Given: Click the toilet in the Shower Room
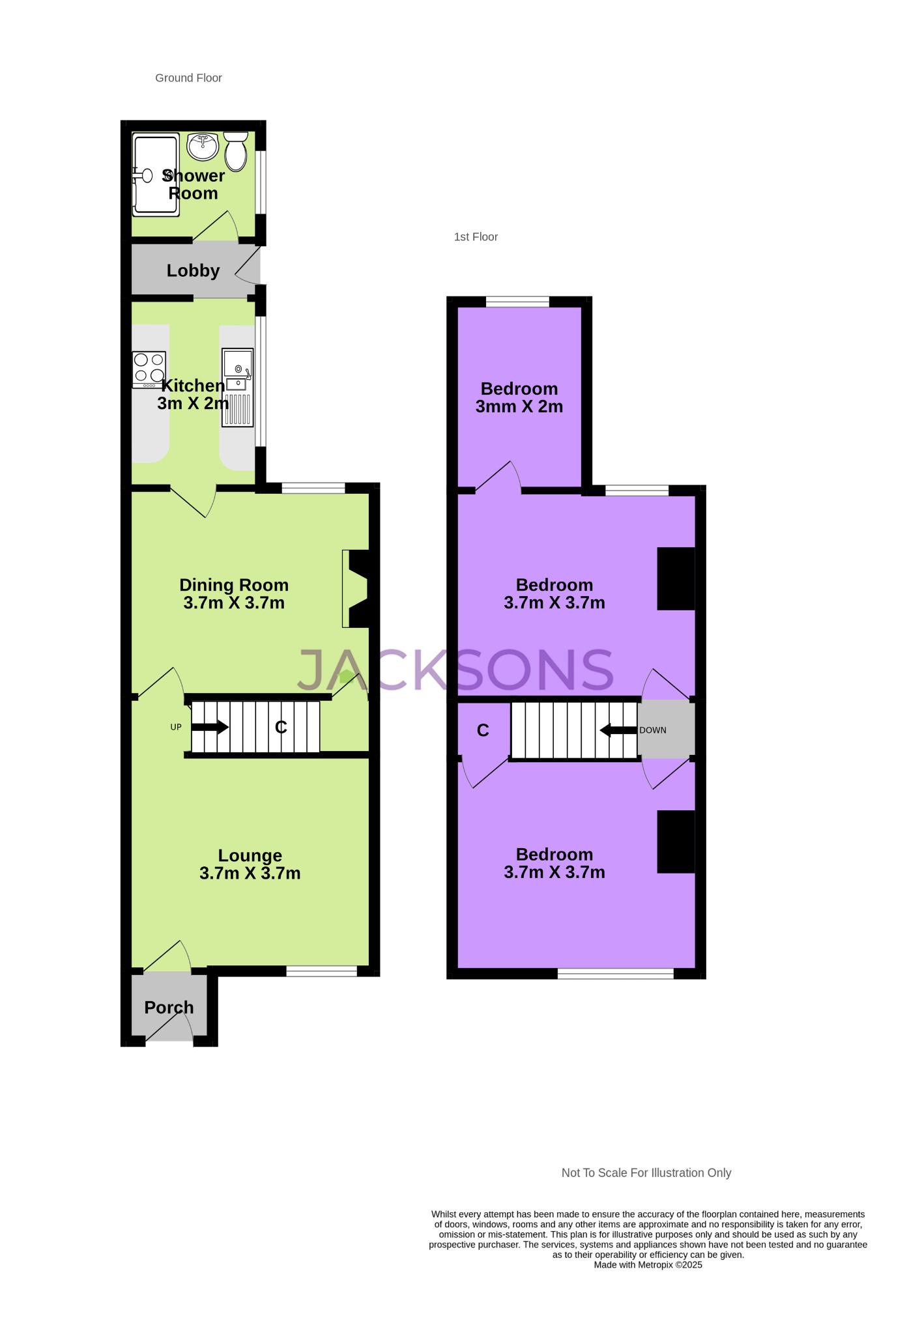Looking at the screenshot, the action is click(x=236, y=151).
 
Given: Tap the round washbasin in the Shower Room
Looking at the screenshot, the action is click(x=203, y=146).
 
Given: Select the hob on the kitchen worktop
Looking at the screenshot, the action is click(x=149, y=369).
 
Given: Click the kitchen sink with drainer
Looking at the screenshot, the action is click(x=238, y=388).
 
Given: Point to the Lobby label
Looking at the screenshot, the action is click(x=193, y=270).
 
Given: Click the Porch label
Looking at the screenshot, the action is click(x=169, y=1008).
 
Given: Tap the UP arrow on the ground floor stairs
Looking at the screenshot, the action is click(x=210, y=727).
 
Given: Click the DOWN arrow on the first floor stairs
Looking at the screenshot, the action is click(x=618, y=730).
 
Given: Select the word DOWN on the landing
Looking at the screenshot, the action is click(x=653, y=730).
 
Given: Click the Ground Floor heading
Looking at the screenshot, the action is click(x=188, y=78).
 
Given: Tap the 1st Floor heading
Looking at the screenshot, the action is click(x=476, y=237).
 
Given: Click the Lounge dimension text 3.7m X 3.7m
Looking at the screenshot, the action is click(x=250, y=873).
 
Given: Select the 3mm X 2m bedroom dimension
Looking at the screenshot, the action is click(x=519, y=407).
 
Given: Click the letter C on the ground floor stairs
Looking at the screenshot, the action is click(x=281, y=727).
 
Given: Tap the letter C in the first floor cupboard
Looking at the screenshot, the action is click(x=483, y=730).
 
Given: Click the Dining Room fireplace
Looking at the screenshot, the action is click(x=356, y=589).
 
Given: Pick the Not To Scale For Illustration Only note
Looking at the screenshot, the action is click(x=646, y=1173).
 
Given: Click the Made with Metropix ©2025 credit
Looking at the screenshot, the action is click(x=648, y=1265).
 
